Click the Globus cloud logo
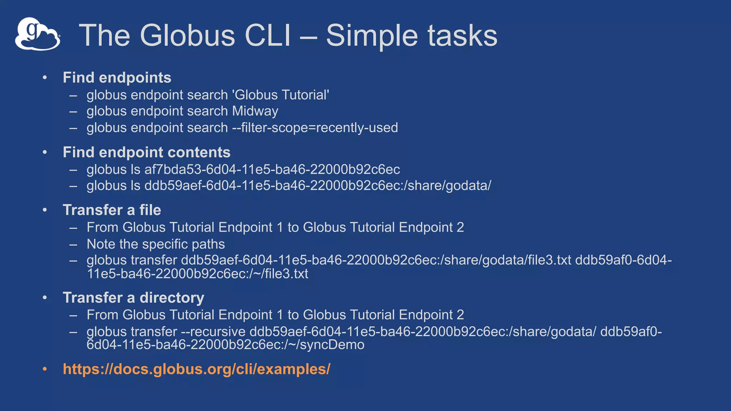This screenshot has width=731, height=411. tap(37, 34)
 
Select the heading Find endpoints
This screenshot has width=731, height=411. tap(117, 78)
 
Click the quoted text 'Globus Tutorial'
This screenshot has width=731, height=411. tap(280, 95)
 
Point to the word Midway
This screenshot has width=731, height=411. tap(255, 111)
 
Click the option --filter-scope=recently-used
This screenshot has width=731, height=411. tap(315, 128)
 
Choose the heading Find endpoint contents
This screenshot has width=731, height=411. tap(146, 152)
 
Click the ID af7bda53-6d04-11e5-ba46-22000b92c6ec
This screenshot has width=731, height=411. tap(272, 169)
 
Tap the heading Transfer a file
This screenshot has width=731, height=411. tap(112, 210)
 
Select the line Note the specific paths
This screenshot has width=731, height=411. tap(156, 244)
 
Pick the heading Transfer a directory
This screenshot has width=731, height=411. tap(133, 298)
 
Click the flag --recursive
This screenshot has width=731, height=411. tap(213, 332)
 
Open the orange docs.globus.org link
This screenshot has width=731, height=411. tap(196, 369)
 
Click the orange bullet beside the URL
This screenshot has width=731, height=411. tap(45, 369)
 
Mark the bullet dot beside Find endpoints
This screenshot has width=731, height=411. tap(45, 78)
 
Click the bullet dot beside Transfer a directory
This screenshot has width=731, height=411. tap(45, 298)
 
